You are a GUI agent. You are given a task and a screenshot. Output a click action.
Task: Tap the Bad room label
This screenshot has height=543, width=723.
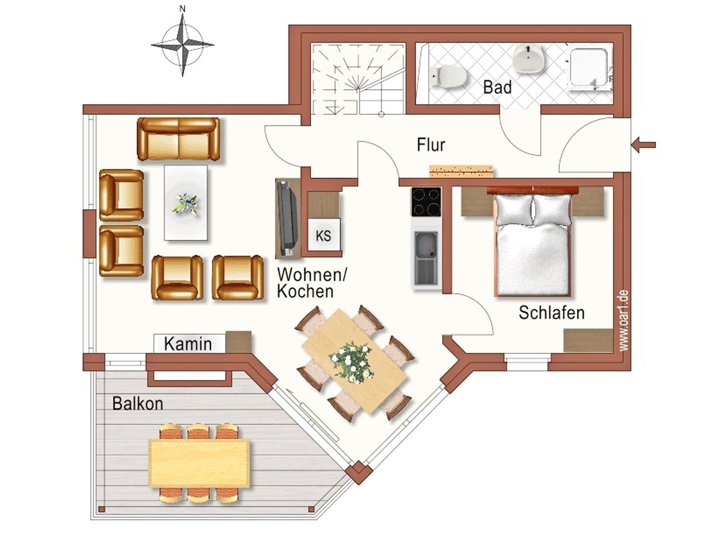coord(497,87)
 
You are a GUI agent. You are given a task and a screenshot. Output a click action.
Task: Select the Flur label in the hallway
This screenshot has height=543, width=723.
coord(431,145)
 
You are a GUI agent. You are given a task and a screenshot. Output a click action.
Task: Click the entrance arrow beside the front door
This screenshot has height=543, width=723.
coord(643,145)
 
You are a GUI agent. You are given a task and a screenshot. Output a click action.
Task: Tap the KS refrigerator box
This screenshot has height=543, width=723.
coord(324,235)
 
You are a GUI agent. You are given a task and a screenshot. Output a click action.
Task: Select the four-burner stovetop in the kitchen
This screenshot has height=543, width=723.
coord(426,202)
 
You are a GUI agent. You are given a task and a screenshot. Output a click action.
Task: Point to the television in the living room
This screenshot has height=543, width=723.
coord(287,218)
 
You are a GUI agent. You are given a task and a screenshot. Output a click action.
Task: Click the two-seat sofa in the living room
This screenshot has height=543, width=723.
coord(178,139)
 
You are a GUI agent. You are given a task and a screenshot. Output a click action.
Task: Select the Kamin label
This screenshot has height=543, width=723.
coord(188,344)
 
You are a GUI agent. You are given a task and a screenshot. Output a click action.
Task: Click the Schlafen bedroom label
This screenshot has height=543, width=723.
coord(551,312)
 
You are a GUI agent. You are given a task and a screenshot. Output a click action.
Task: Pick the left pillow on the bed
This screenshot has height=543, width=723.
coord(514,209)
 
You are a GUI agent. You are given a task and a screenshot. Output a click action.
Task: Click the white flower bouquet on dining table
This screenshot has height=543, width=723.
coord(352,362)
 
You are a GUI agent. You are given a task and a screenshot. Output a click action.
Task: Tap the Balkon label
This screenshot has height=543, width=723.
coord(138,404)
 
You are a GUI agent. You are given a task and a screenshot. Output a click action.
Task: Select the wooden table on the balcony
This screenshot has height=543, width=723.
coord(199,463)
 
